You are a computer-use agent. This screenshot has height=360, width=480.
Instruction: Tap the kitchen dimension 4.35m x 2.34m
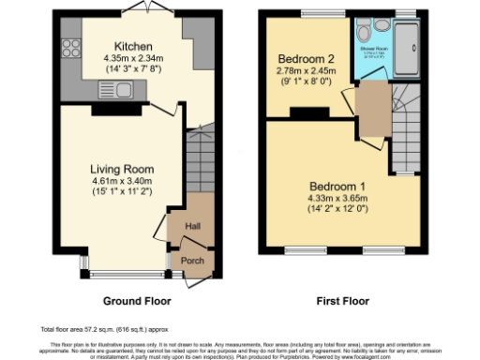[x=127, y=59]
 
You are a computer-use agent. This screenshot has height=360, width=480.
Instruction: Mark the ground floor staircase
[x=200, y=159]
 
